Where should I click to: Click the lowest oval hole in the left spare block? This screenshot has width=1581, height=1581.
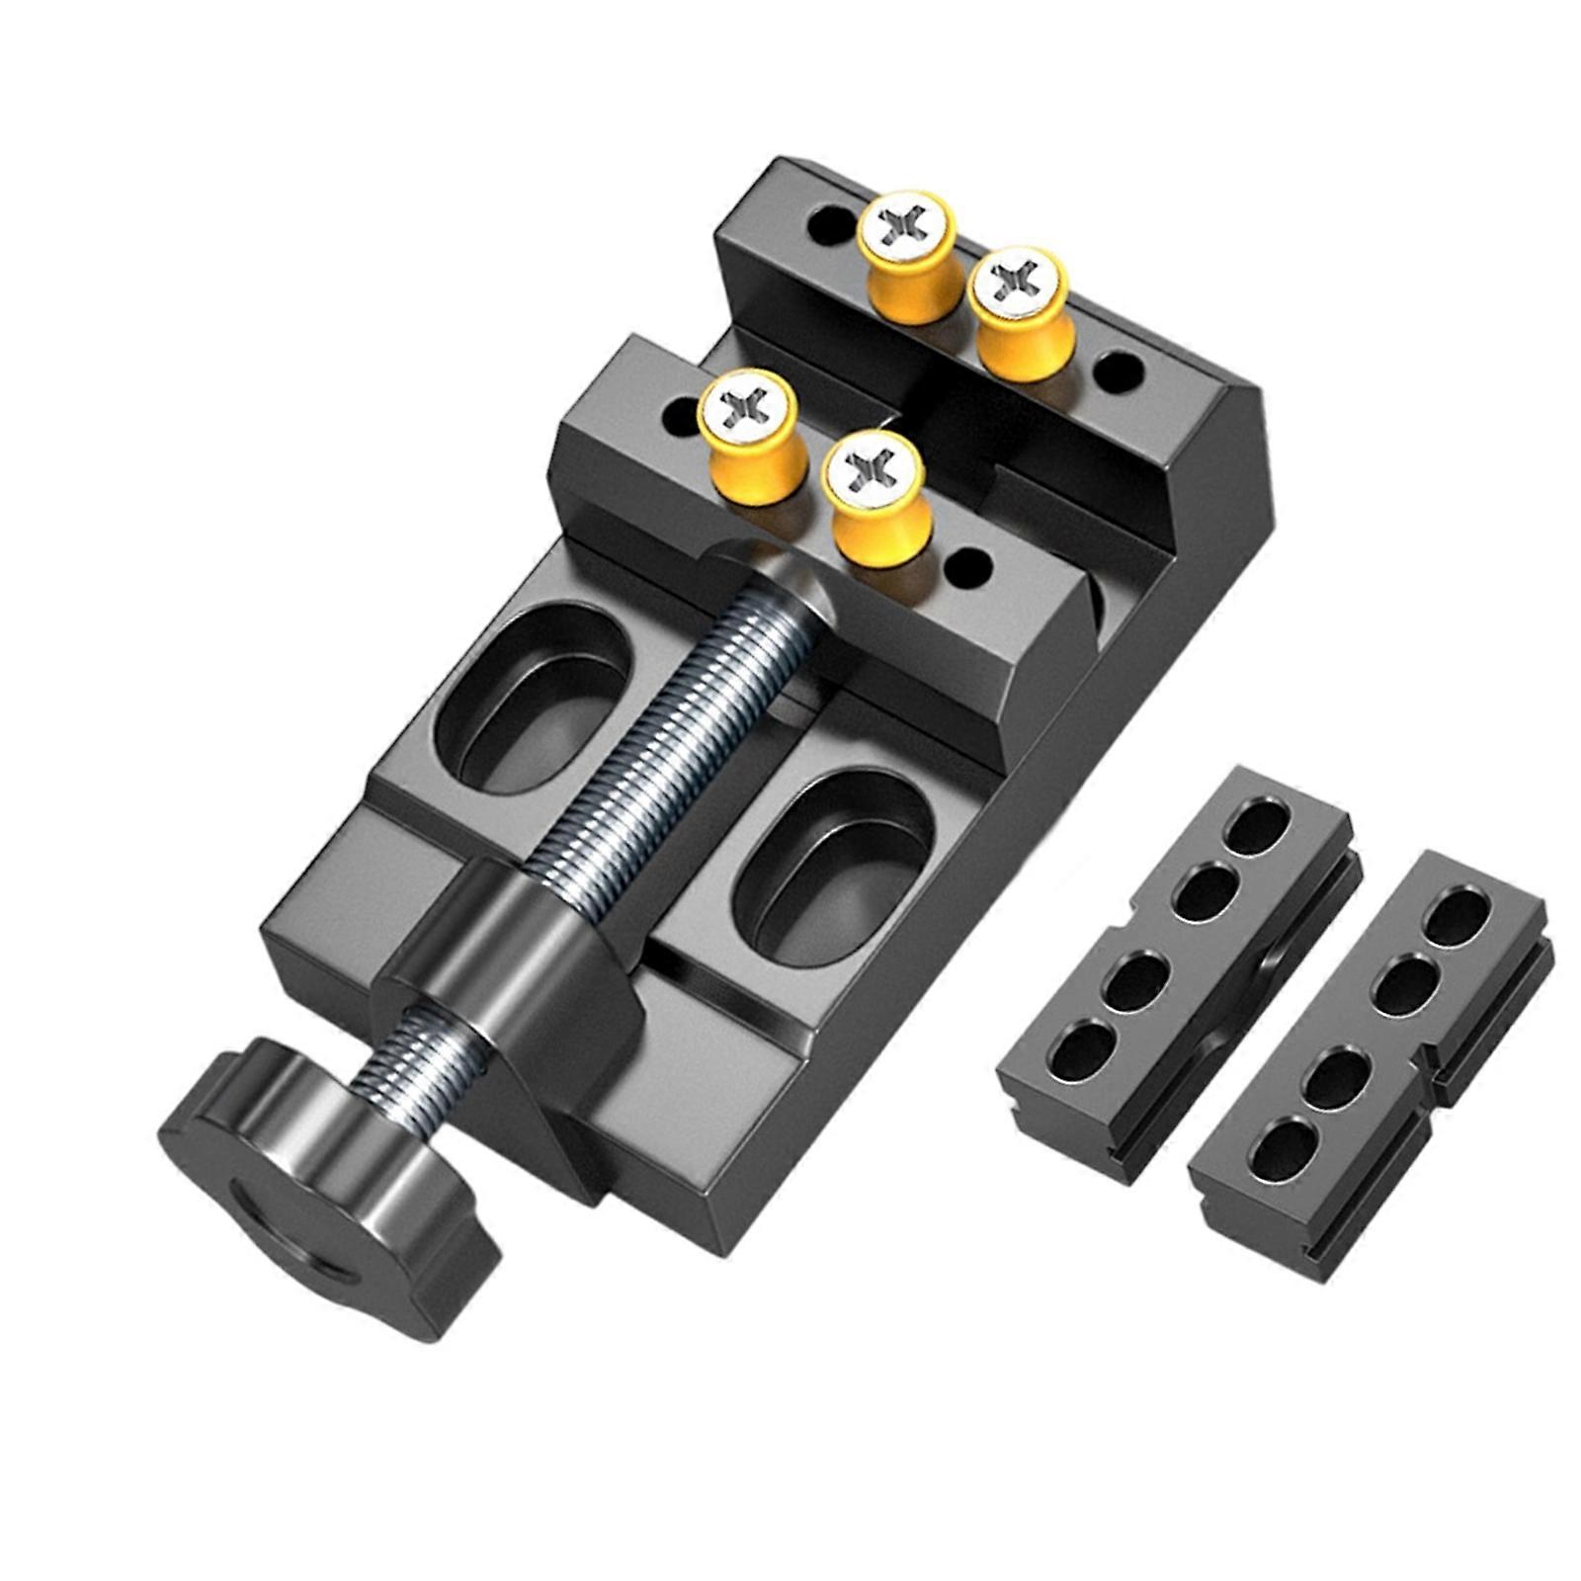(x=1090, y=1047)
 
